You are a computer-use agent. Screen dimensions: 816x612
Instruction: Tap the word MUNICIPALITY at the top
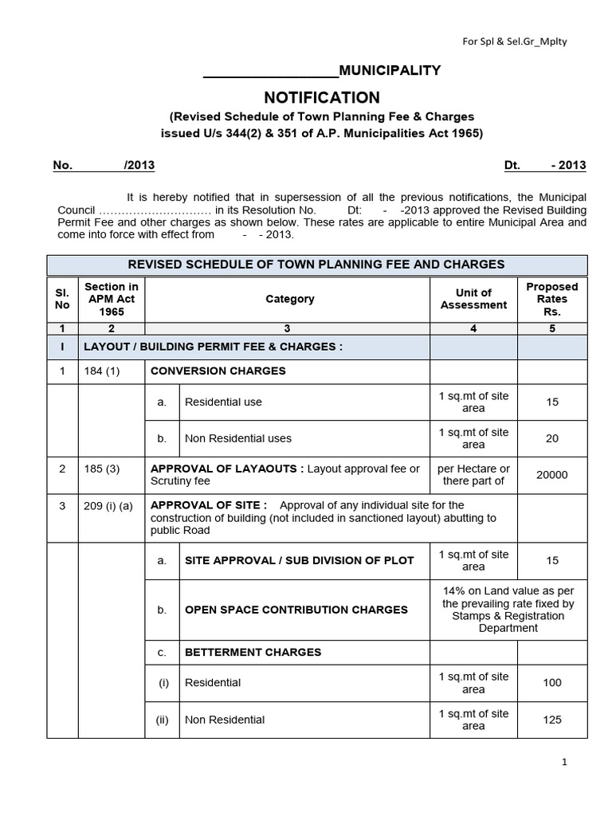(390, 71)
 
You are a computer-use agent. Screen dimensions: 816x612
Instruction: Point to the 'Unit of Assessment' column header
(473, 299)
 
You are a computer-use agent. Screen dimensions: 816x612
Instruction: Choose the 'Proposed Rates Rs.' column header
(552, 299)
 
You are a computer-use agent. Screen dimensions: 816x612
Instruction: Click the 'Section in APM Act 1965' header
(112, 299)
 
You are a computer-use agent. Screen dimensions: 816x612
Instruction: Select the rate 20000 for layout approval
(552, 475)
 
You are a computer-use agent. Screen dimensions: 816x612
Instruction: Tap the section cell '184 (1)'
(101, 371)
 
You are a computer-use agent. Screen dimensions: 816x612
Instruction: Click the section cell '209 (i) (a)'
(110, 505)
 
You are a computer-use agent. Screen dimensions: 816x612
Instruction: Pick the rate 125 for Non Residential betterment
(552, 720)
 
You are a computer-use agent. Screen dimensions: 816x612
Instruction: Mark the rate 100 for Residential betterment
(552, 683)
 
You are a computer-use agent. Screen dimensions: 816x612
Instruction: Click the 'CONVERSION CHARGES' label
(218, 371)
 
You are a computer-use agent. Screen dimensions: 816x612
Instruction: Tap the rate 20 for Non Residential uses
(552, 438)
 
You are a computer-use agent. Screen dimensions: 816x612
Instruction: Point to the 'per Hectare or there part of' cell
(473, 475)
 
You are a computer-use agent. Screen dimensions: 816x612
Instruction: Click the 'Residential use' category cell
(223, 402)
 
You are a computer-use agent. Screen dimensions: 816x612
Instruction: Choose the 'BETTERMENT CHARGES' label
(253, 652)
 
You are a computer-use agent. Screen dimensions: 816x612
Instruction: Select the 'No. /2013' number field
(104, 166)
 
